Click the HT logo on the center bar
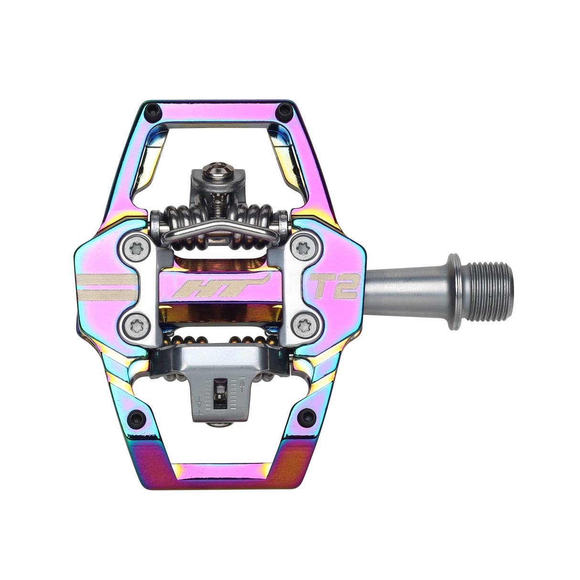click(220, 288)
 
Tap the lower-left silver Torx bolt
click(132, 326)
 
